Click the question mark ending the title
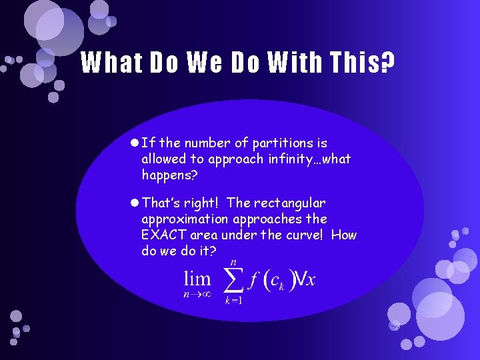[387, 63]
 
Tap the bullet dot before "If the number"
[135, 143]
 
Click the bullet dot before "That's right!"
[135, 202]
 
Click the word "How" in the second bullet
[343, 235]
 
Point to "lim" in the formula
[197, 279]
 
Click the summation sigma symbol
[232, 280]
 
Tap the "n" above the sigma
[232, 260]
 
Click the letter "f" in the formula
[254, 279]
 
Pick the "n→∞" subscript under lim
[197, 294]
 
